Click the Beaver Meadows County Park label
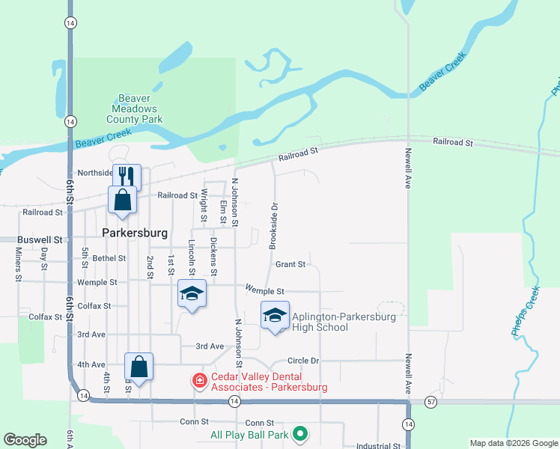coord(135,109)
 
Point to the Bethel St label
coord(109,258)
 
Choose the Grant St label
coord(290,264)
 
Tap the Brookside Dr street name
coord(274,227)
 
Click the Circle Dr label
coord(303,361)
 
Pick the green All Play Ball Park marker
coord(300,433)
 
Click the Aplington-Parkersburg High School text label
coord(341,321)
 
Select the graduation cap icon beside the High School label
coord(275,316)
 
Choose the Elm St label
coord(223,212)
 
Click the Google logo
coord(25,440)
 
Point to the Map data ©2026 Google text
coord(513,443)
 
